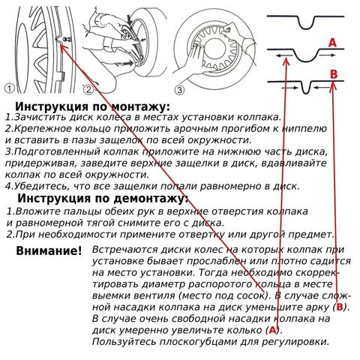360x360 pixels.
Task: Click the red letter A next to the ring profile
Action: [x=331, y=44]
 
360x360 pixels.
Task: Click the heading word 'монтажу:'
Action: [x=132, y=106]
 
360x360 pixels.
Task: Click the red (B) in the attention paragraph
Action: [x=340, y=307]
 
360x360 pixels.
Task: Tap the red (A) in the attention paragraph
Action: [x=273, y=329]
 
